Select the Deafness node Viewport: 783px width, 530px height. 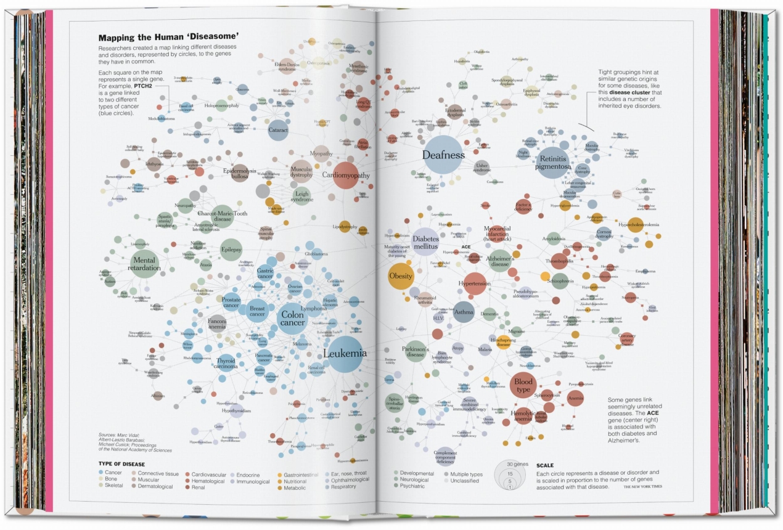coord(443,155)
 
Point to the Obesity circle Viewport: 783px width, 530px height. coord(401,276)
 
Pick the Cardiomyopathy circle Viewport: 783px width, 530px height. coord(346,175)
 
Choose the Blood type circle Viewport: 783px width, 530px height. coord(523,385)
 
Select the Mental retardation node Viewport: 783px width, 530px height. coord(145,264)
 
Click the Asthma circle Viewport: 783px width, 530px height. coord(464,312)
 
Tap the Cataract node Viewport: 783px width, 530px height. coord(278,130)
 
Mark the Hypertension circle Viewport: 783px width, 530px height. coord(475,283)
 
